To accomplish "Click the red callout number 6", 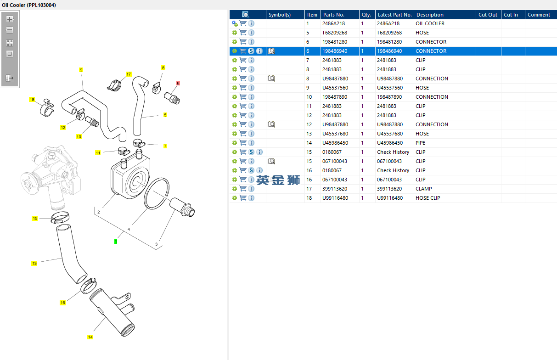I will pyautogui.click(x=178, y=83).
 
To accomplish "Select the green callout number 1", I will pyautogui.click(x=116, y=241).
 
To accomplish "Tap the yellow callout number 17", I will pyautogui.click(x=129, y=74).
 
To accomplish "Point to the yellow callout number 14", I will pyautogui.click(x=90, y=337).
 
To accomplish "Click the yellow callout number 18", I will pyautogui.click(x=32, y=100).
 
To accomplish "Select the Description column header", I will pyautogui.click(x=430, y=15).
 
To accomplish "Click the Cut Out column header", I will pyautogui.click(x=488, y=15).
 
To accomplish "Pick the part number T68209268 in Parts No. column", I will pyautogui.click(x=335, y=33).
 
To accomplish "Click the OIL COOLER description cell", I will pyautogui.click(x=430, y=23).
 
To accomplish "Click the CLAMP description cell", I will pyautogui.click(x=423, y=189).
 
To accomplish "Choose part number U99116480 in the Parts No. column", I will pyautogui.click(x=335, y=198).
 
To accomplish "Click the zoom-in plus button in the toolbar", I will pyautogui.click(x=10, y=19).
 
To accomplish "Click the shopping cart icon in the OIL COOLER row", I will pyautogui.click(x=243, y=23).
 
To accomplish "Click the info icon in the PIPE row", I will pyautogui.click(x=251, y=143).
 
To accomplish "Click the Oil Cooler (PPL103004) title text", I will pyautogui.click(x=29, y=5).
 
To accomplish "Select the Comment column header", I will pyautogui.click(x=539, y=15).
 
